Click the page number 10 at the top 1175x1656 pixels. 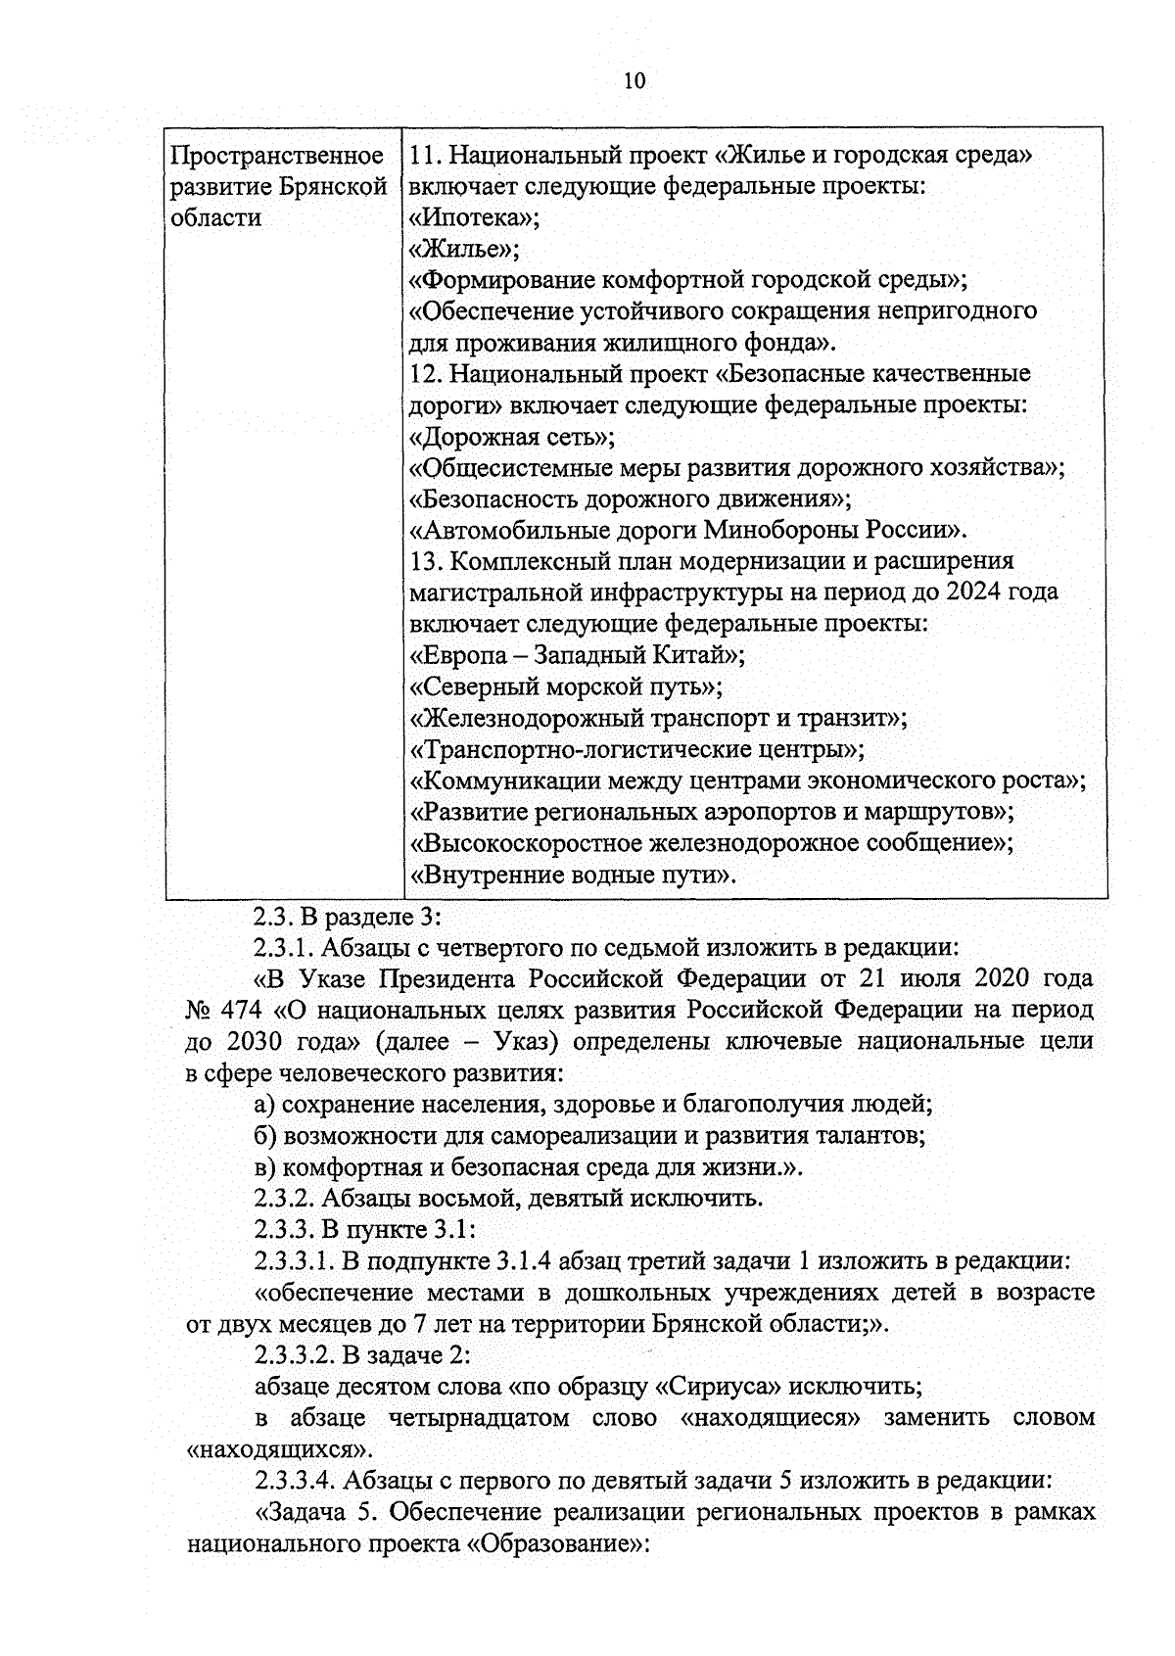634,80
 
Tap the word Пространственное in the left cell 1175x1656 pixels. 276,156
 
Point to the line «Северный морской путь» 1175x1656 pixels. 565,686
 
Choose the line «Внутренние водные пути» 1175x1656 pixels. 571,875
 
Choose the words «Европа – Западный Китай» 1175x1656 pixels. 577,655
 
